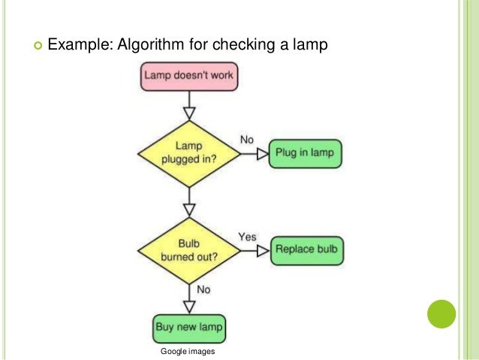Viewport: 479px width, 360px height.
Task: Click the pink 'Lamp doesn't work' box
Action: (x=189, y=75)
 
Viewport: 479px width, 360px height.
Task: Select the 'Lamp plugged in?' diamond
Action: (x=189, y=152)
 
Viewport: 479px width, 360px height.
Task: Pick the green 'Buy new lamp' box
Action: (x=189, y=328)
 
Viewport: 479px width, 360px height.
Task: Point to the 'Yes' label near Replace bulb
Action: (x=247, y=237)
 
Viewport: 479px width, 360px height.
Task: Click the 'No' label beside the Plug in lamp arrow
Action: (x=246, y=140)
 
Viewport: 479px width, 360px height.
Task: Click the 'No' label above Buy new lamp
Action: (x=203, y=289)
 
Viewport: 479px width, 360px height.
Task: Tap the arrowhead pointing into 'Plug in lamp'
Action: (x=262, y=153)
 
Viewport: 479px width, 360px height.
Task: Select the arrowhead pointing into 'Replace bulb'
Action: (x=262, y=251)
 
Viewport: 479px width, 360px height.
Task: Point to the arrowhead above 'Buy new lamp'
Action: (x=189, y=306)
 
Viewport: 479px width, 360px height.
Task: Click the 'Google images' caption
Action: (x=188, y=351)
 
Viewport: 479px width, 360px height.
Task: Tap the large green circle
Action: (x=441, y=315)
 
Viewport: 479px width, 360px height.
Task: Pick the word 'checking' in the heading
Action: (x=246, y=45)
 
